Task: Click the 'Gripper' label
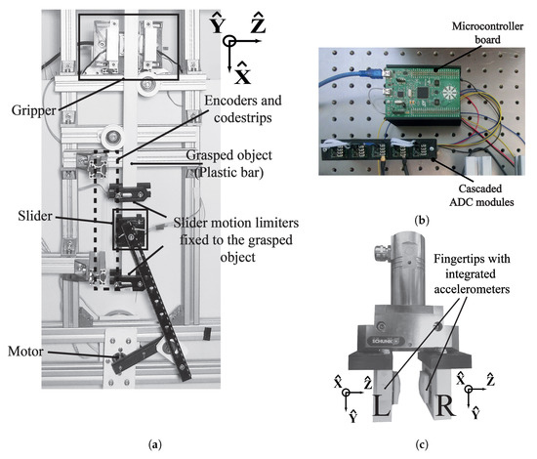coord(33,110)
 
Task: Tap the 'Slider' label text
coord(35,216)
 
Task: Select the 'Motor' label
coord(25,352)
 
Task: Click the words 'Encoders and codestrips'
coord(243,109)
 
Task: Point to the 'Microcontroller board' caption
coord(487,33)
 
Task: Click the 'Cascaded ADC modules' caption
coord(481,195)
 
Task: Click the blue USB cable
coord(351,77)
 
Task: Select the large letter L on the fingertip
coord(382,406)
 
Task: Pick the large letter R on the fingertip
coord(444,406)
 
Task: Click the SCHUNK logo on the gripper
coord(383,341)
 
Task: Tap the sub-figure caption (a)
coord(155,445)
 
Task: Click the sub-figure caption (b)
coord(421,221)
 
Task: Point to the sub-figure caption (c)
coord(421,445)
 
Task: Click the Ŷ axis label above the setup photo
coord(218,24)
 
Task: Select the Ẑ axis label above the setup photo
coord(258,23)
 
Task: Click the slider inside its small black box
coord(130,229)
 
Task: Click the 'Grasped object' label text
coord(228,155)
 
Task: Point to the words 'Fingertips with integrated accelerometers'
coord(472,274)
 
